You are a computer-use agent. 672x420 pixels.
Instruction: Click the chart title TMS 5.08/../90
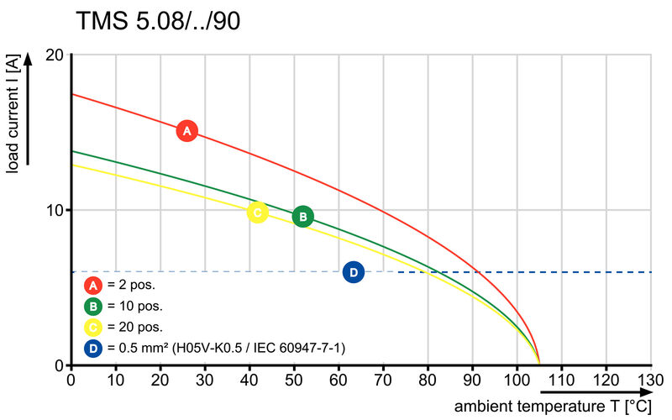pyautogui.click(x=158, y=22)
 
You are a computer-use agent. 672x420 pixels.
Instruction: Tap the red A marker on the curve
pyautogui.click(x=186, y=130)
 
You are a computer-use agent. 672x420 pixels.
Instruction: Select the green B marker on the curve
pyautogui.click(x=302, y=217)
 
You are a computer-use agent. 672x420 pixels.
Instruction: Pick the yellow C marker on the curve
pyautogui.click(x=257, y=213)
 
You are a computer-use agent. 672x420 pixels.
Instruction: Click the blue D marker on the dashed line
pyautogui.click(x=354, y=271)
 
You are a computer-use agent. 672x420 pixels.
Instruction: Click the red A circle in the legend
pyautogui.click(x=94, y=285)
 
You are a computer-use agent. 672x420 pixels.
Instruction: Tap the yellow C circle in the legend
pyautogui.click(x=94, y=327)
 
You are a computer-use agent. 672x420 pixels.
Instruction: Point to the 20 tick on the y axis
pyautogui.click(x=55, y=55)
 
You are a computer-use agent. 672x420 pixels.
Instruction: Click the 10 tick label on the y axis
pyautogui.click(x=55, y=210)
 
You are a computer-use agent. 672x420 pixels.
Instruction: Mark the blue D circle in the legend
pyautogui.click(x=94, y=348)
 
